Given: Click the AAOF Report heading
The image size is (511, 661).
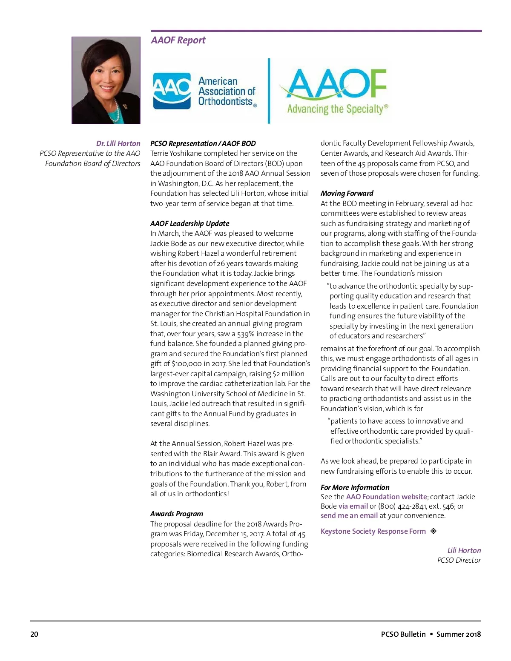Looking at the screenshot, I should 178,40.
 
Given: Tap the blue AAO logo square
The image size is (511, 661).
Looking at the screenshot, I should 172,91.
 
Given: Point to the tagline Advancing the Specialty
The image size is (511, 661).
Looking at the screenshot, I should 337,109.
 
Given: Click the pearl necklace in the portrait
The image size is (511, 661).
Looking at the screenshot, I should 114,112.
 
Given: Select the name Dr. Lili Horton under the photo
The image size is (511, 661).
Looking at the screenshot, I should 118,143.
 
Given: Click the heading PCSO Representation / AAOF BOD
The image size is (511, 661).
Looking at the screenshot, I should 203,143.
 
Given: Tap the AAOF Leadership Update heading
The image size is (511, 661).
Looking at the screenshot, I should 189,223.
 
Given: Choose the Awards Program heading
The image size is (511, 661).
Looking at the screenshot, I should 176,514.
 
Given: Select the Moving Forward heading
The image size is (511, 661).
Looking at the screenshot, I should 347,193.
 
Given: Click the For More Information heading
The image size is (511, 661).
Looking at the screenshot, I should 355,487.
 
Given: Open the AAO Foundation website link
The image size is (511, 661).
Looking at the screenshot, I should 386,497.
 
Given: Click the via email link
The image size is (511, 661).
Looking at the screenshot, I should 353,506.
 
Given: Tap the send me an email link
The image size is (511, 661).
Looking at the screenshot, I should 349,515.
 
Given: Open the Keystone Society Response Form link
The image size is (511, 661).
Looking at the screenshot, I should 373,531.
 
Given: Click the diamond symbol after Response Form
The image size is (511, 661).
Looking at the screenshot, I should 433,531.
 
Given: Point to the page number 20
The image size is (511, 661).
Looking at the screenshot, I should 34,634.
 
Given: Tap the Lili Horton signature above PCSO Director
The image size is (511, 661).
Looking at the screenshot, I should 464,550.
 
